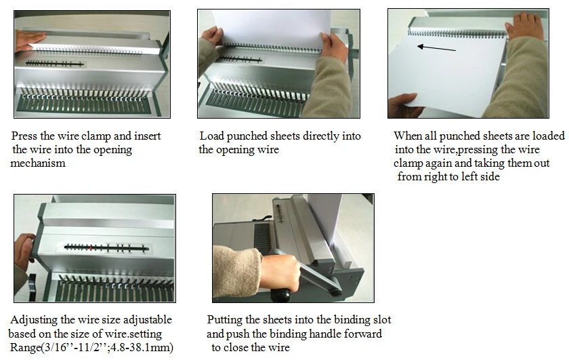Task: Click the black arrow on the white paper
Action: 436,48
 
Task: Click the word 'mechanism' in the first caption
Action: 38,163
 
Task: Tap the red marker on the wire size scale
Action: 91,247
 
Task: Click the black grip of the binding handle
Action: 280,293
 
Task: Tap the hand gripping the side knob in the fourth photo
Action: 24,247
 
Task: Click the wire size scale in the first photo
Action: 54,64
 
